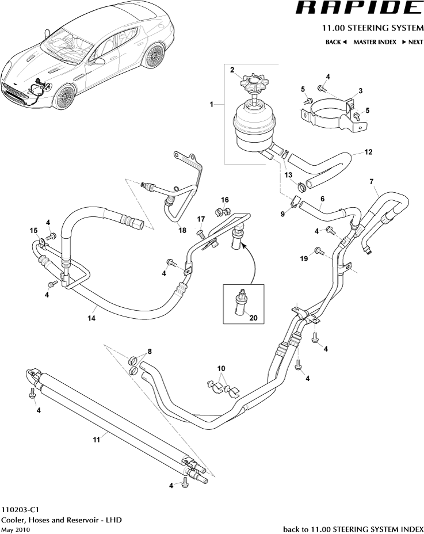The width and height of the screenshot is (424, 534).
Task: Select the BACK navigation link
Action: point(336,42)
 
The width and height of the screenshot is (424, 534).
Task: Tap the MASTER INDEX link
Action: point(375,42)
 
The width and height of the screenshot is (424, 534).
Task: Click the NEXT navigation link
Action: point(412,42)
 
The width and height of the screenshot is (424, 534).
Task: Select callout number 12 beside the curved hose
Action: point(368,152)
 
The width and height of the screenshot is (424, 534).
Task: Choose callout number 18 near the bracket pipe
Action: point(182,230)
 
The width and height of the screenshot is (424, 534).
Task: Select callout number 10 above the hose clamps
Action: point(221,368)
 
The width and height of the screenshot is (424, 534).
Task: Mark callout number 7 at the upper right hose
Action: point(372,182)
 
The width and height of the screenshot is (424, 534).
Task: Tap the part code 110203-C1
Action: point(20,510)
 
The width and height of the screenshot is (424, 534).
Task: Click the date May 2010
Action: point(16,529)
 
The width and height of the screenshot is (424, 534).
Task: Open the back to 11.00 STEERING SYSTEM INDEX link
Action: point(353,529)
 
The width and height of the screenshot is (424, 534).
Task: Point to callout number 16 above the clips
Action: point(224,200)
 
